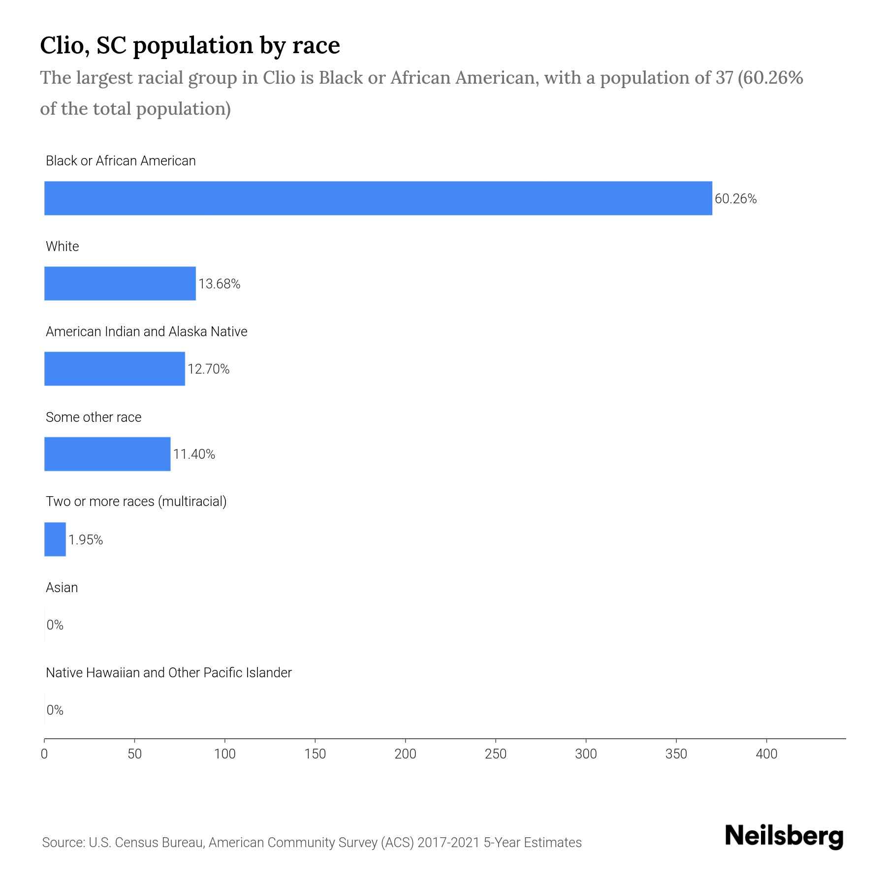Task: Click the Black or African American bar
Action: click(x=378, y=198)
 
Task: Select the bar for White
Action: click(x=120, y=284)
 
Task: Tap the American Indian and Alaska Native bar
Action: click(x=115, y=369)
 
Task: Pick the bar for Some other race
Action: click(x=107, y=454)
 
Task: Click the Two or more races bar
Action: click(x=55, y=539)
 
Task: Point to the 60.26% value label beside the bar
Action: click(x=735, y=199)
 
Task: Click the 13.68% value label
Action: click(x=219, y=284)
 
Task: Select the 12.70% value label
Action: click(x=208, y=369)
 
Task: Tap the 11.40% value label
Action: click(x=194, y=454)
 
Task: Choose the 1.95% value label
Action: click(x=86, y=540)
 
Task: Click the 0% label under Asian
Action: click(x=55, y=625)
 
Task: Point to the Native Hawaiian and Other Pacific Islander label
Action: click(x=168, y=673)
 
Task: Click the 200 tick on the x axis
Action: click(x=405, y=754)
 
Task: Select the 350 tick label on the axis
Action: click(x=676, y=754)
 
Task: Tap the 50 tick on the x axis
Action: click(x=134, y=754)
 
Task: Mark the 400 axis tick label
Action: click(x=766, y=754)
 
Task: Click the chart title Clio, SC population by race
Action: click(x=190, y=45)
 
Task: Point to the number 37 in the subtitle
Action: click(x=725, y=78)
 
